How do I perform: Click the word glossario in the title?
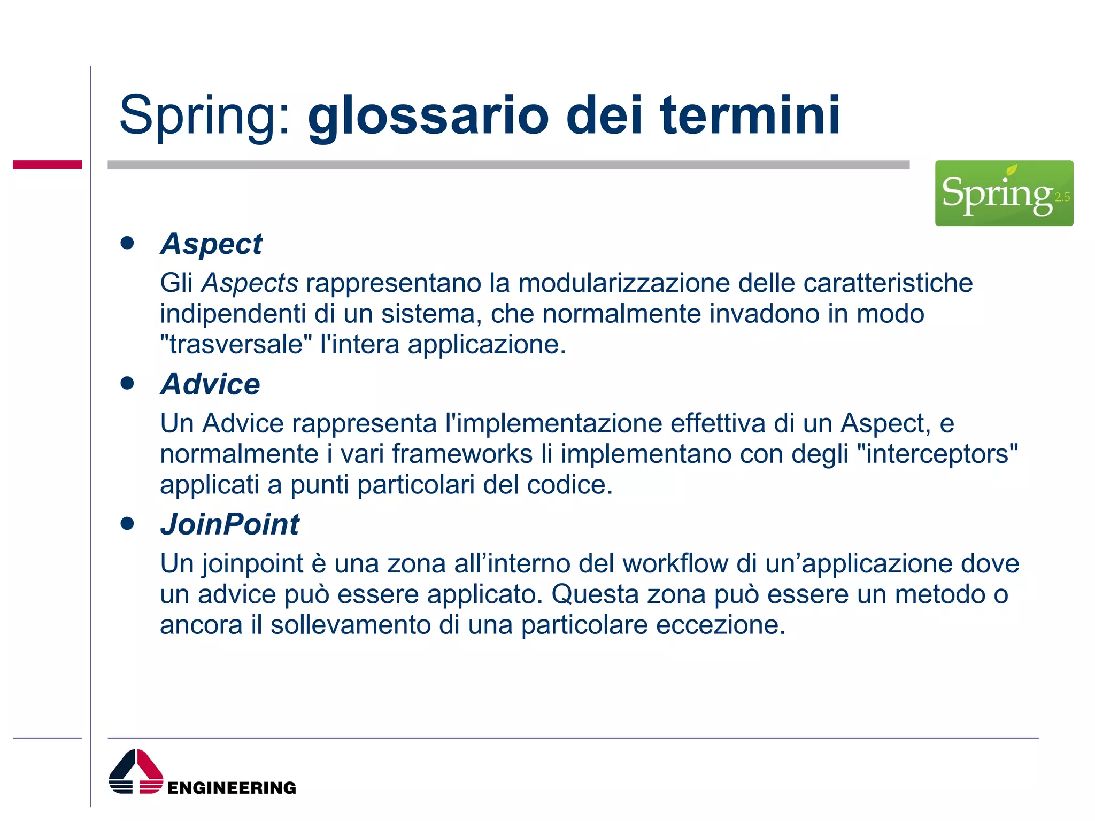428,117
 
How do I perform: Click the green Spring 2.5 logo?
1004,193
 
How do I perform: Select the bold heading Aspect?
211,245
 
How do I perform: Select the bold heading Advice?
210,384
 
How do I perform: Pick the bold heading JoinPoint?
230,524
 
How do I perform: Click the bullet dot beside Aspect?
127,243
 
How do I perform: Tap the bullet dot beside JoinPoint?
127,523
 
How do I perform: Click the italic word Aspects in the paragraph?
249,283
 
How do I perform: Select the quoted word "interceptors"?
937,454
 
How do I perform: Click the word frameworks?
462,454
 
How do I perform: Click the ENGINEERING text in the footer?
232,788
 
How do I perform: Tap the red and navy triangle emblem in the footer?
136,772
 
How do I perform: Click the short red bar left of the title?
47,165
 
